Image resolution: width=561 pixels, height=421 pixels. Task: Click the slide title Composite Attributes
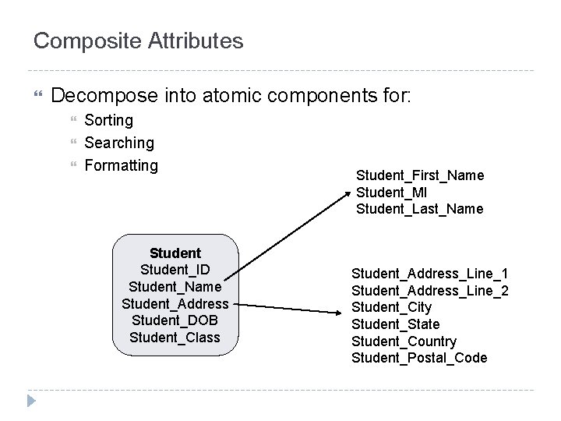[138, 41]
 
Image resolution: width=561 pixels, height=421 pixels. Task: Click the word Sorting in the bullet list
[108, 121]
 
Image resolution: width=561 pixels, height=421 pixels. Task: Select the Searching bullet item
[119, 143]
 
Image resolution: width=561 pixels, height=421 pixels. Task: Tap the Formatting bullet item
[121, 165]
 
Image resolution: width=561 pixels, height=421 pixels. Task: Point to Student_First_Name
[420, 175]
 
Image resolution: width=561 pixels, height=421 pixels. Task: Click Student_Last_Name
[419, 209]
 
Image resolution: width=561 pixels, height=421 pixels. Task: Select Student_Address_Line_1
[430, 274]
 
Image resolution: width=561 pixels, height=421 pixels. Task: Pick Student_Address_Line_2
[430, 291]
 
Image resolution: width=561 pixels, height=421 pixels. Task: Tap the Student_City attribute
[391, 307]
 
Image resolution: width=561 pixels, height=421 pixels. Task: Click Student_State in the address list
[395, 324]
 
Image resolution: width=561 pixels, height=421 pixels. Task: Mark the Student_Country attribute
[404, 341]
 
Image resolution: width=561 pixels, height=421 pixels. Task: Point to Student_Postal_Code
[419, 358]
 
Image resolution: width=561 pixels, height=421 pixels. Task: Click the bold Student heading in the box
[175, 253]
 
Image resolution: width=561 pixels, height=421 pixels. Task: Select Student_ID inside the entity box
[175, 271]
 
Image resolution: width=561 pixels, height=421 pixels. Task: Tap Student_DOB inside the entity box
[175, 321]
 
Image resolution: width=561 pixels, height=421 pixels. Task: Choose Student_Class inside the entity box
[175, 338]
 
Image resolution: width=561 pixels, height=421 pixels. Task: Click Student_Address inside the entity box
[175, 304]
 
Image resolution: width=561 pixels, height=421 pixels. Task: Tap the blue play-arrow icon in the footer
[31, 402]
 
